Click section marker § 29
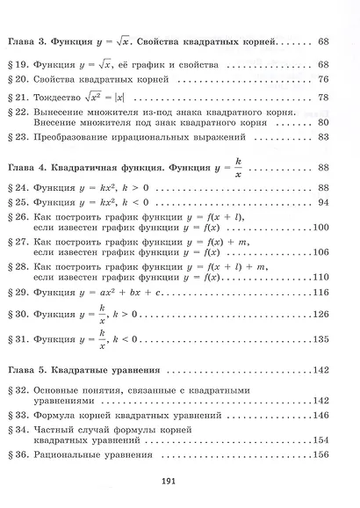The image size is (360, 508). point(21,291)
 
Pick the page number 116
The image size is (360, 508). point(320,291)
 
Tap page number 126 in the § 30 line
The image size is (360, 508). point(320,315)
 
